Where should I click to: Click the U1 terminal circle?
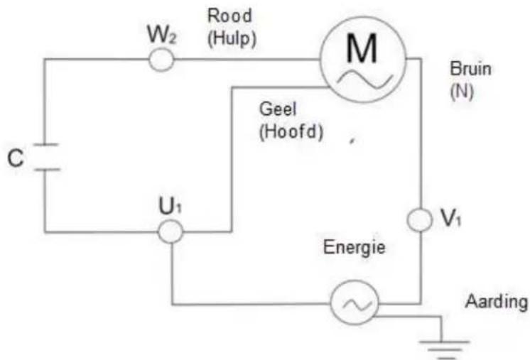point(170,231)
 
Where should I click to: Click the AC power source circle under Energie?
point(353,305)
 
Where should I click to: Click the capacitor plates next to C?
point(44,157)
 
